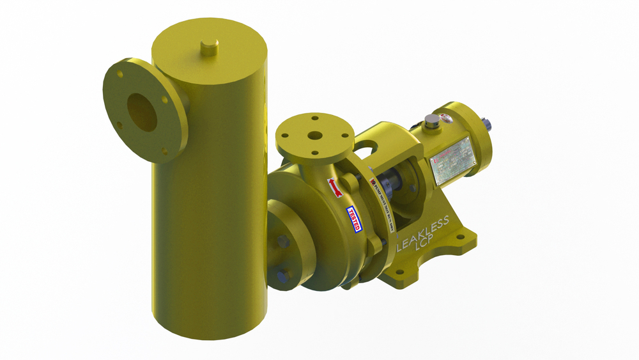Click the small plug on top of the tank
point(208,46)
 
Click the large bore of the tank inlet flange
point(142,112)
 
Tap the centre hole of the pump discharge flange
point(314,136)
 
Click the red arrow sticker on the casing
point(335,187)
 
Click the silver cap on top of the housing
point(433,121)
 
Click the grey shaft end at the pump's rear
point(488,124)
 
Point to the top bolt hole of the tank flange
point(119,75)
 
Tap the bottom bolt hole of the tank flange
point(164,152)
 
